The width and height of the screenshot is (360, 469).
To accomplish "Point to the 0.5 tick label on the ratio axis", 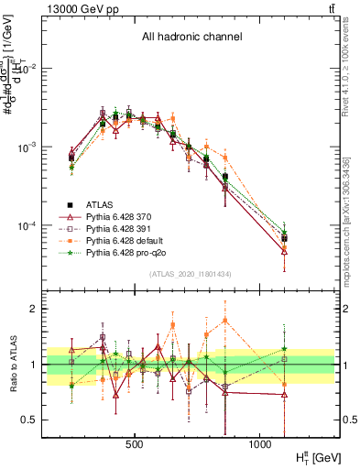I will [x=29, y=420].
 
